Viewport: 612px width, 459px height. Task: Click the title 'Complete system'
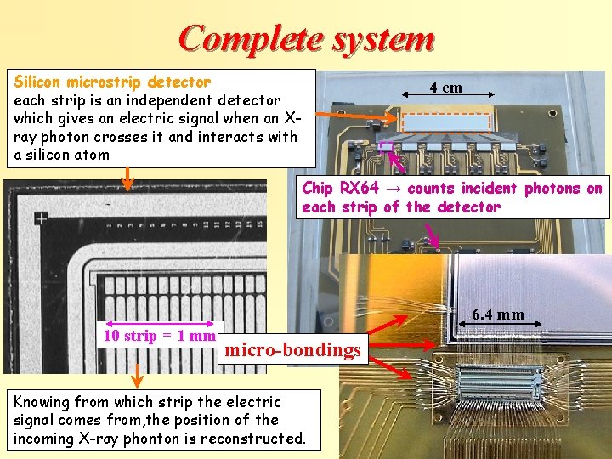coord(307,37)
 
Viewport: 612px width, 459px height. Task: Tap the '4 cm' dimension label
coord(445,87)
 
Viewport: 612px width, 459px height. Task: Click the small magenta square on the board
coord(386,146)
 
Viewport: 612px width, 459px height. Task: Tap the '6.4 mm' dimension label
coord(498,314)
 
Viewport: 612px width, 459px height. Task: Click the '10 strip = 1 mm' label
coord(159,335)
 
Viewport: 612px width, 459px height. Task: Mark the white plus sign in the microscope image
coord(40,218)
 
